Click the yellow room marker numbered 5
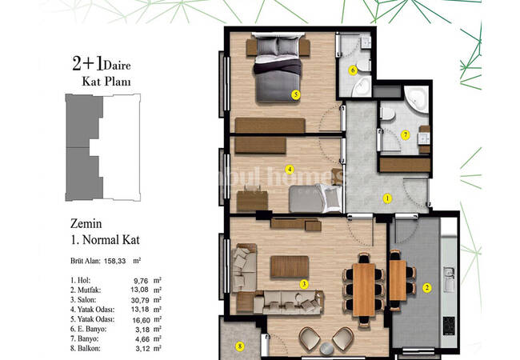(x=295, y=94)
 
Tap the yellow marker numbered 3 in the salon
(x=304, y=283)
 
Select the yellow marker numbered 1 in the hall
(x=387, y=198)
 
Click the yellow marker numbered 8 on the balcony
(x=238, y=346)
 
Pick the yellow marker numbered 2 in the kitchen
(x=426, y=288)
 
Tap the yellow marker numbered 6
(x=352, y=70)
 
